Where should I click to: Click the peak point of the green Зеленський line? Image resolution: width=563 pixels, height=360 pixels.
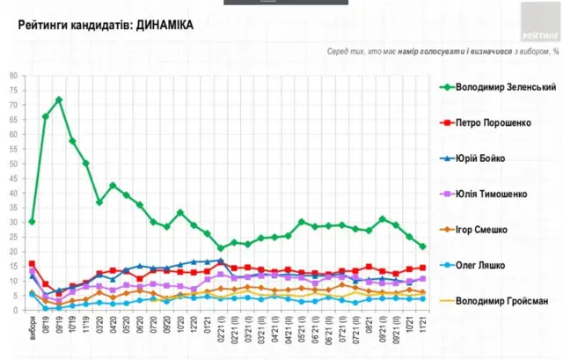point(59,99)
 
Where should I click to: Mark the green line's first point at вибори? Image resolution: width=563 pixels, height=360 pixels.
point(32,222)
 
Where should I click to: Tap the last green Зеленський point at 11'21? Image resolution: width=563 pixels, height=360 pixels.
point(422,246)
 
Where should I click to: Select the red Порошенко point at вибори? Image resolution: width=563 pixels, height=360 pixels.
point(32,263)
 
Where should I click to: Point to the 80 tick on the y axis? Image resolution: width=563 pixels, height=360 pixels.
point(13,76)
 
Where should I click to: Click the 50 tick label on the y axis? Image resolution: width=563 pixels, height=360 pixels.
point(13,164)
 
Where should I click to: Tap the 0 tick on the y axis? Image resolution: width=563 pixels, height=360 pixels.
point(15,310)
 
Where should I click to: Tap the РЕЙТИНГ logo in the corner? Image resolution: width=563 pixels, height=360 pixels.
point(538,22)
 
